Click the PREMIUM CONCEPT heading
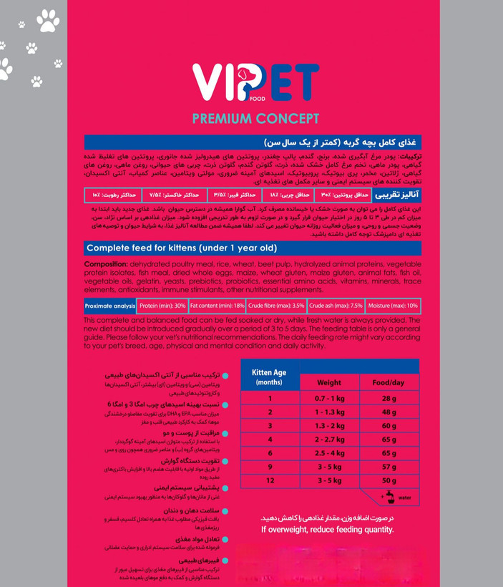255,118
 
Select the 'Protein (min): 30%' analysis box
162,306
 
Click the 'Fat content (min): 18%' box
217,306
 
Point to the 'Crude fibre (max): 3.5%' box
275,306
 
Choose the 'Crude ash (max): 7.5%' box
336,306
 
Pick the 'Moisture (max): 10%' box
393,306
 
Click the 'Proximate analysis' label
109,306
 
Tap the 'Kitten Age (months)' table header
270,377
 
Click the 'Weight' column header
329,383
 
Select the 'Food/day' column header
389,383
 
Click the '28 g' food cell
389,399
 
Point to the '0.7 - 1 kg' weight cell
329,399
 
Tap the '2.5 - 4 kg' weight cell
329,453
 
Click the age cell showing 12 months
270,480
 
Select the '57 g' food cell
389,467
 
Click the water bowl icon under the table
391,496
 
